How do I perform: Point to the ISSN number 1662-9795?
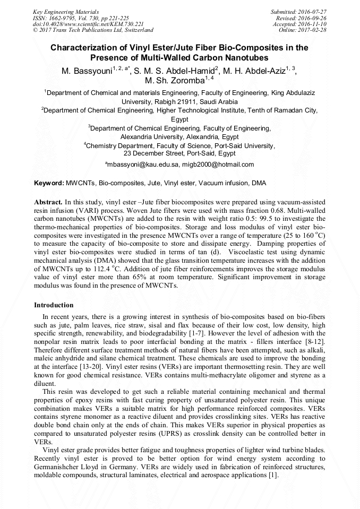[x=63, y=18]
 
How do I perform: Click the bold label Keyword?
[x=49, y=183]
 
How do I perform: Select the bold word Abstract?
[x=48, y=203]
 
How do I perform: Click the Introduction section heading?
[x=54, y=305]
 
